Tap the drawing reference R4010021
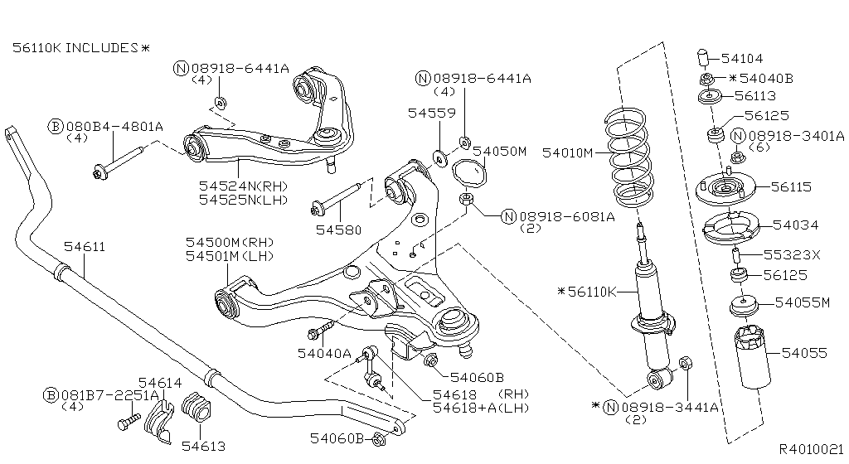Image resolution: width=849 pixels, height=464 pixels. [x=810, y=447]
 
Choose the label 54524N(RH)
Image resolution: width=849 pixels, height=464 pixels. [x=240, y=186]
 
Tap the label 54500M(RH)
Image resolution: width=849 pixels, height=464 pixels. [x=229, y=242]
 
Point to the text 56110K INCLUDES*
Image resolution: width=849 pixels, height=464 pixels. [x=81, y=48]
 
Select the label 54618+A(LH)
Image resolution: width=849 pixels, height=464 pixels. [x=480, y=408]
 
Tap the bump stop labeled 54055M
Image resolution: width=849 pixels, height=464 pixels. [x=744, y=306]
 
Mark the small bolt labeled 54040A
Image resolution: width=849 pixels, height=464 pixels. [x=317, y=334]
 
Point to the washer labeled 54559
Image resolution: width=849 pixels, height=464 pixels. [x=438, y=155]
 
